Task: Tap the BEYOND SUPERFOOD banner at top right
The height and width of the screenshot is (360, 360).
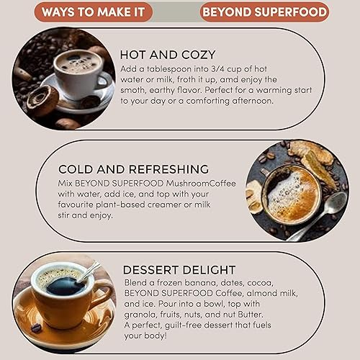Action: pyautogui.click(x=264, y=12)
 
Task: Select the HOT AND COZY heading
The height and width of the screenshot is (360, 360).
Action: pyautogui.click(x=168, y=55)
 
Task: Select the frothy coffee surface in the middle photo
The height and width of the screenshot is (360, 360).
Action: pyautogui.click(x=290, y=193)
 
